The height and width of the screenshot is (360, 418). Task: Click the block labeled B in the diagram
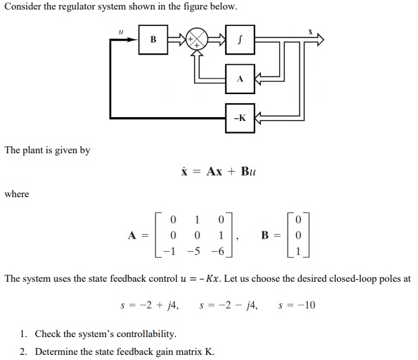(153, 39)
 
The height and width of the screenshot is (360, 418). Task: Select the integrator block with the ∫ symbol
(240, 39)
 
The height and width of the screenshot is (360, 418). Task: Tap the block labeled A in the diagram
(240, 79)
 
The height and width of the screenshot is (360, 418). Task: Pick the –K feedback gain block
(240, 118)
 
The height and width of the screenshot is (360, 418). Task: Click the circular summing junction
(197, 39)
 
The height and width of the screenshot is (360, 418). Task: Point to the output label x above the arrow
(310, 32)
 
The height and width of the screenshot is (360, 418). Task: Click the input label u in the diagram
(121, 32)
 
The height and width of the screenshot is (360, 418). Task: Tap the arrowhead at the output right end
(320, 39)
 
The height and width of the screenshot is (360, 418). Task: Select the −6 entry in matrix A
(218, 251)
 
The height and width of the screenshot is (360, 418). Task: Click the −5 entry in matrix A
(193, 251)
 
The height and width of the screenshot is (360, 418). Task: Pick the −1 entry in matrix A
(169, 251)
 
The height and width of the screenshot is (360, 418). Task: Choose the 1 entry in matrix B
(298, 251)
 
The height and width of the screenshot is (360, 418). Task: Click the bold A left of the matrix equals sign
(132, 235)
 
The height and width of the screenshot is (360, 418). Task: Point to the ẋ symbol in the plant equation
(185, 171)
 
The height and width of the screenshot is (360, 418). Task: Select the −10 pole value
(306, 305)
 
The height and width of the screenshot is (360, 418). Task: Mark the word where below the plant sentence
(17, 194)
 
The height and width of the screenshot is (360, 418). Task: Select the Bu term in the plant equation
(249, 171)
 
